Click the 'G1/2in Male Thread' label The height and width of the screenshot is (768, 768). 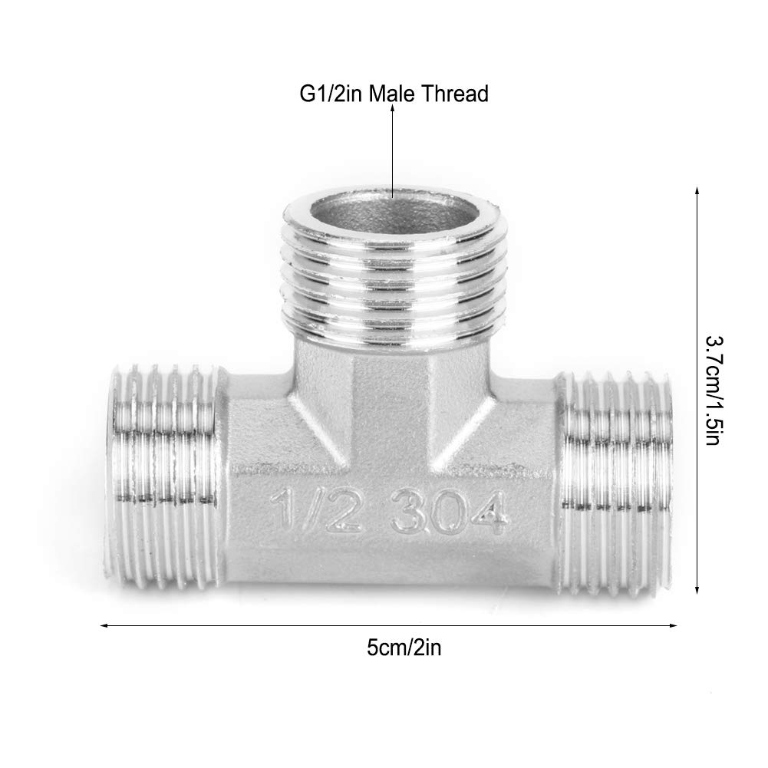pyautogui.click(x=393, y=94)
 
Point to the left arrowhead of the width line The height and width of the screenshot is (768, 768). pyautogui.click(x=104, y=626)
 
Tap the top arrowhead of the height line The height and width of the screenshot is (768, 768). pyautogui.click(x=697, y=189)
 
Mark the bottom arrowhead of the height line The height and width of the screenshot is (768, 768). pyautogui.click(x=697, y=591)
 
